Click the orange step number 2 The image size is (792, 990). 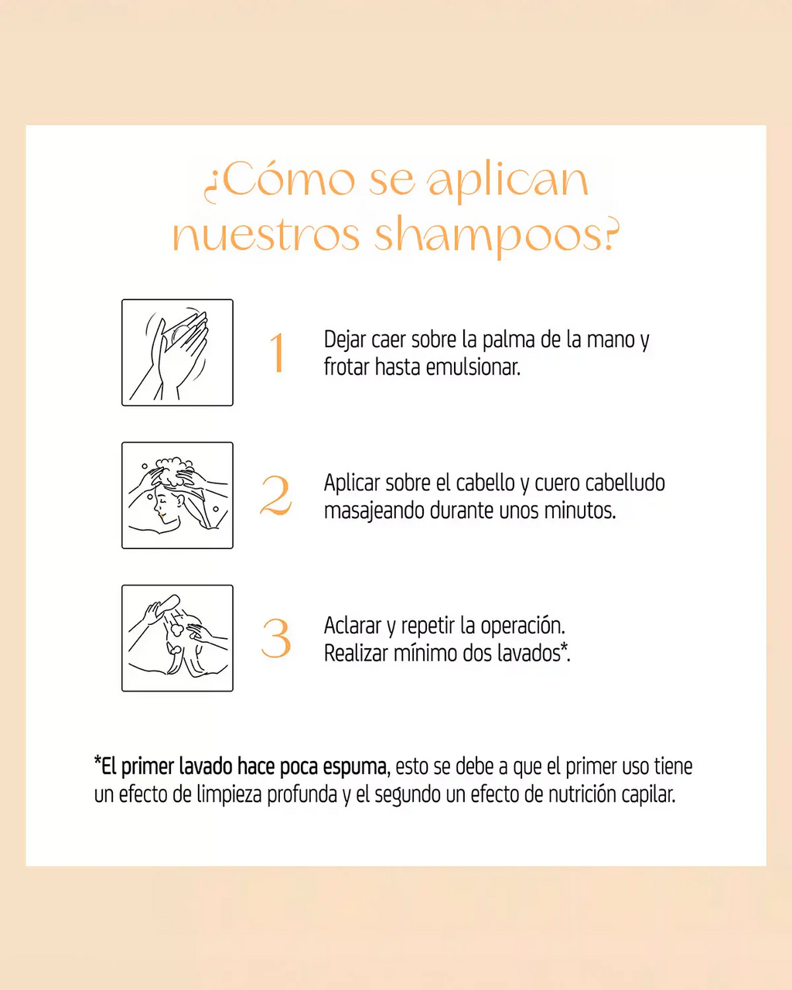(x=276, y=496)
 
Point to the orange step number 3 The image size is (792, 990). (x=276, y=639)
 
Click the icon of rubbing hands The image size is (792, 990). (x=177, y=353)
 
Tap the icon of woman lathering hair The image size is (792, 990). (x=177, y=496)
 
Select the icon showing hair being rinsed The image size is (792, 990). (x=177, y=638)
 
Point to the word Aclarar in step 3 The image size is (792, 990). (x=353, y=625)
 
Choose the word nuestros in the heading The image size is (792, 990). (x=267, y=236)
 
